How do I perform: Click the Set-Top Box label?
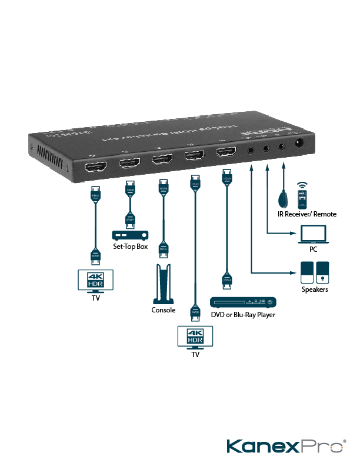(130, 247)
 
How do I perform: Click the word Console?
(164, 310)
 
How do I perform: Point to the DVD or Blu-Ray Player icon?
(243, 302)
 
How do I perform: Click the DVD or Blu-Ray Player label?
(243, 315)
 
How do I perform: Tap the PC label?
(313, 249)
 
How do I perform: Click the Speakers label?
(315, 289)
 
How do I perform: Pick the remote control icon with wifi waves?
(302, 197)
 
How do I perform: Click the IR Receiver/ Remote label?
(307, 214)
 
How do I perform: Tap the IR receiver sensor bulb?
(284, 199)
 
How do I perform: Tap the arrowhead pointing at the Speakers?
(292, 272)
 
